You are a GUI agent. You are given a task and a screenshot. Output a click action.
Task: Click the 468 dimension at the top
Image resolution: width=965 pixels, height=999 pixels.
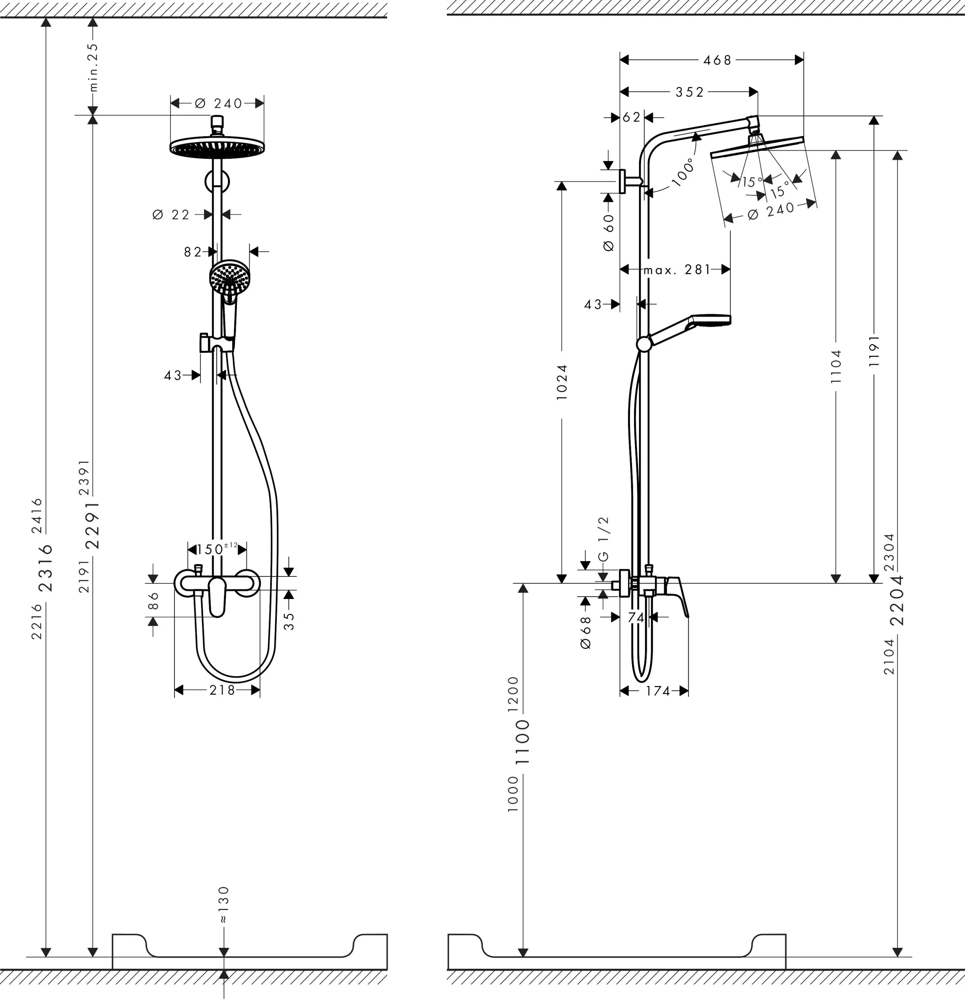(717, 60)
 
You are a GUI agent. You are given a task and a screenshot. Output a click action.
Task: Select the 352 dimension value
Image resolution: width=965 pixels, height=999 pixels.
(690, 92)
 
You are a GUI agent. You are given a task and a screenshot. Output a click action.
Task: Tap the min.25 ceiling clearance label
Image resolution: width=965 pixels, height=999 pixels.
(93, 67)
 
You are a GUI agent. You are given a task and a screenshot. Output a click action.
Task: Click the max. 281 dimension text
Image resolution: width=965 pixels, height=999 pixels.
(677, 269)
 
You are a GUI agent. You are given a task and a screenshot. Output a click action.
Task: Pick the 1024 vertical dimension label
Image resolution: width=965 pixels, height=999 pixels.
(562, 382)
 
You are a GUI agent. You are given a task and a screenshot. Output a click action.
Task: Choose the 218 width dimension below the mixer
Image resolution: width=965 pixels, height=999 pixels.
(222, 690)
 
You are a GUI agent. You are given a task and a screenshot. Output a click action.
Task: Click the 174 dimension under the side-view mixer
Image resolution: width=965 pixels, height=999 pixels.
(658, 691)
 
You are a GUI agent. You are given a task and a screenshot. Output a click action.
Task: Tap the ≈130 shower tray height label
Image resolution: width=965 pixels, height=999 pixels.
(224, 905)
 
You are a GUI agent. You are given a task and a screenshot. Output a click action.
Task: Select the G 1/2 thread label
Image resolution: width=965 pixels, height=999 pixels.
(603, 539)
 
